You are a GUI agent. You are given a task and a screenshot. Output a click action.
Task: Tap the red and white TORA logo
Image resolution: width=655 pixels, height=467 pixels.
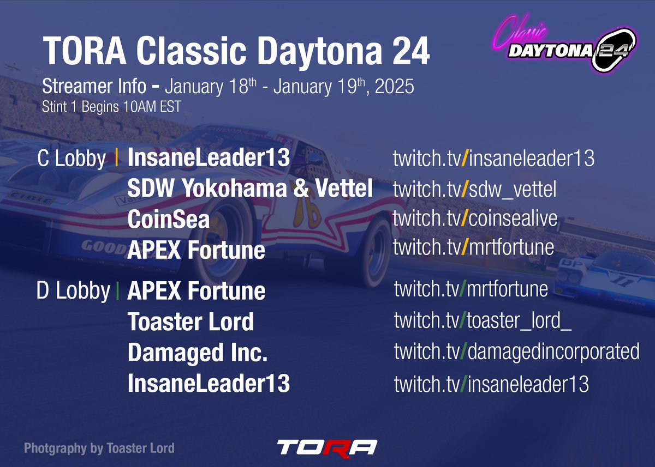click(x=326, y=447)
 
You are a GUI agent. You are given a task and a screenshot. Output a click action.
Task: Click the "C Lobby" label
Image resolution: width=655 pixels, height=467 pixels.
click(x=72, y=159)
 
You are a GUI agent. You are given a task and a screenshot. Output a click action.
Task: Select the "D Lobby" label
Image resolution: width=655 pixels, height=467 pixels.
click(x=73, y=291)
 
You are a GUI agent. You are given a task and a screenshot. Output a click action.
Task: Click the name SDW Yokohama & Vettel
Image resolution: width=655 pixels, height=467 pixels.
click(x=250, y=189)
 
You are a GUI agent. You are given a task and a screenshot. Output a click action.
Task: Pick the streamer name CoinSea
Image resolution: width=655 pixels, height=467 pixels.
click(x=168, y=220)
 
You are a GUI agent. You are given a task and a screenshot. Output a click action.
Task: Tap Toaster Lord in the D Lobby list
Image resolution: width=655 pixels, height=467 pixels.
click(x=190, y=322)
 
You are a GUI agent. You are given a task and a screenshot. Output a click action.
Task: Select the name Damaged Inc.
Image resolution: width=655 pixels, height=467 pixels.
click(x=198, y=353)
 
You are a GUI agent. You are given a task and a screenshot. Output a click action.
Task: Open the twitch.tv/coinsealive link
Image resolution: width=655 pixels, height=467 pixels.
click(x=475, y=218)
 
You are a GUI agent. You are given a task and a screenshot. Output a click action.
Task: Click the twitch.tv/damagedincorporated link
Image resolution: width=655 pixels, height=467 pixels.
click(x=516, y=351)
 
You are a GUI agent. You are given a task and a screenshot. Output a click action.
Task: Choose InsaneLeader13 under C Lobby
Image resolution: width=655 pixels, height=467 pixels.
click(x=208, y=159)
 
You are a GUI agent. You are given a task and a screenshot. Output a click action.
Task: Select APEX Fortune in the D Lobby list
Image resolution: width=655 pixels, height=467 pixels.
click(x=196, y=291)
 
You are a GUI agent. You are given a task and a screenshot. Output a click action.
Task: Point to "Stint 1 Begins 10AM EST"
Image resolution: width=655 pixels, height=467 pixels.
click(x=111, y=107)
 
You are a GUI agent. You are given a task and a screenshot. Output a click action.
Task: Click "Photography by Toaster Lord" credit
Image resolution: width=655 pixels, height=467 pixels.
click(x=99, y=448)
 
